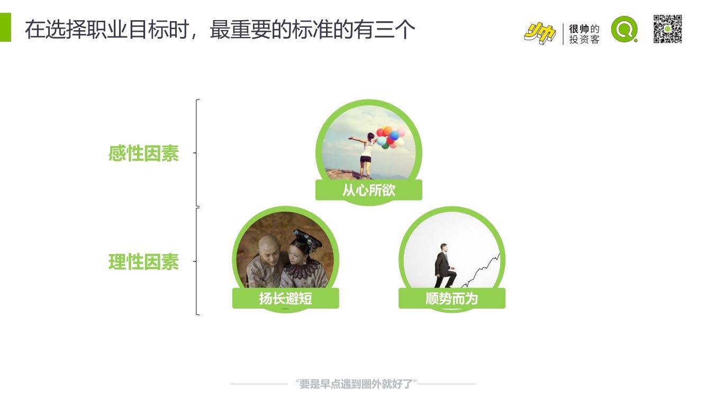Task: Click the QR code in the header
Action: pyautogui.click(x=667, y=29)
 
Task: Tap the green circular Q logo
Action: pyautogui.click(x=624, y=29)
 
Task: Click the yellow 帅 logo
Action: pyautogui.click(x=540, y=33)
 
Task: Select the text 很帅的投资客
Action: pyautogui.click(x=584, y=34)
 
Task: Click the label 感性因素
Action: pyautogui.click(x=144, y=154)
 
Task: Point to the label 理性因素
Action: pyautogui.click(x=144, y=261)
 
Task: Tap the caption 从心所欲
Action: pyautogui.click(x=369, y=190)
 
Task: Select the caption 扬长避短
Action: pyautogui.click(x=286, y=299)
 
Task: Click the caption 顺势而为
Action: pyautogui.click(x=451, y=299)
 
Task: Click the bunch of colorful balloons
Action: pyautogui.click(x=391, y=138)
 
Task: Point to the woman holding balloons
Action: pyautogui.click(x=366, y=155)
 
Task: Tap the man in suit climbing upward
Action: pyautogui.click(x=445, y=266)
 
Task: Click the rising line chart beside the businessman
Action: pyautogui.click(x=481, y=270)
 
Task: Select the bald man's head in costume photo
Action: pyautogui.click(x=269, y=248)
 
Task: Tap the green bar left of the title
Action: pyautogui.click(x=5, y=27)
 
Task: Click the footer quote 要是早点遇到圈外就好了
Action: pyautogui.click(x=356, y=384)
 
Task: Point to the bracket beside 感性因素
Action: pyautogui.click(x=197, y=153)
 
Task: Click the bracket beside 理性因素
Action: pyautogui.click(x=197, y=261)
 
